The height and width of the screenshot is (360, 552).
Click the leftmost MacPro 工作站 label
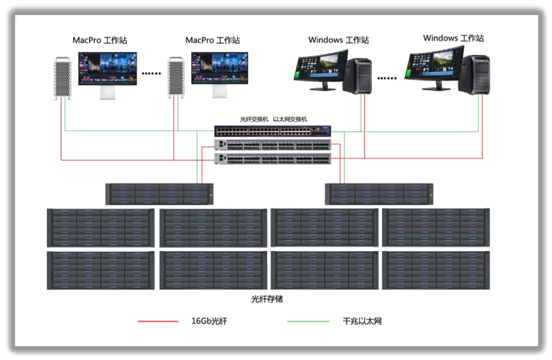coord(100,41)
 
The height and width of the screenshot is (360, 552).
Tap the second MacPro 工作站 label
coord(212,41)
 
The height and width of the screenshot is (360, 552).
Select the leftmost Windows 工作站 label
coord(338,41)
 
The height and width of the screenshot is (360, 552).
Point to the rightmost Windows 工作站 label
coord(453,38)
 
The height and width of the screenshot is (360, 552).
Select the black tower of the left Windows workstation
coord(357,75)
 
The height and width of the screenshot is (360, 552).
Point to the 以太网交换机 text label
coord(290,119)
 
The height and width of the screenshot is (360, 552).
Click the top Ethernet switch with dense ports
coord(272,131)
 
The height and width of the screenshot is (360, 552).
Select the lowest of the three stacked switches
coord(272,159)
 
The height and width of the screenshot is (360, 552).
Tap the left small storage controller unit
coord(159,194)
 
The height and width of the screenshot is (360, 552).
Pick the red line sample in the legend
coord(158,321)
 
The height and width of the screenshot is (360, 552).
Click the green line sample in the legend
coord(307,321)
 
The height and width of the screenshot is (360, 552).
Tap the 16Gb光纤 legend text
coord(209,321)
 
